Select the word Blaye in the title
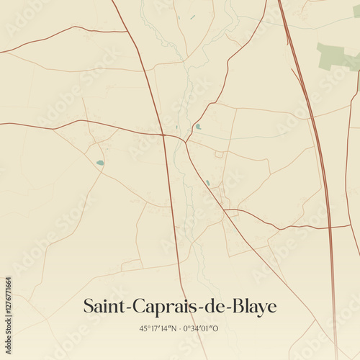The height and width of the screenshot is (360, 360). (x=253, y=307)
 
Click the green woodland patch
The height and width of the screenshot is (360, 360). (x=336, y=55)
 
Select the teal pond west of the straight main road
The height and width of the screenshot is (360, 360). (x=100, y=163)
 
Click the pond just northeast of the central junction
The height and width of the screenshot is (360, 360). (x=198, y=127)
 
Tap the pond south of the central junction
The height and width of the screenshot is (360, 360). (x=208, y=183)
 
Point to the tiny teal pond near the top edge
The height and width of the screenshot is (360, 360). (x=193, y=17)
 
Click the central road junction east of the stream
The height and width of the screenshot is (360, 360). (x=186, y=141)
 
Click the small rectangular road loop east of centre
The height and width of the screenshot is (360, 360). (x=219, y=153)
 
